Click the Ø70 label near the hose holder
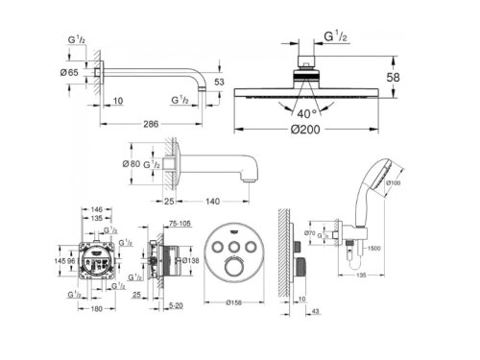(311, 233)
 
